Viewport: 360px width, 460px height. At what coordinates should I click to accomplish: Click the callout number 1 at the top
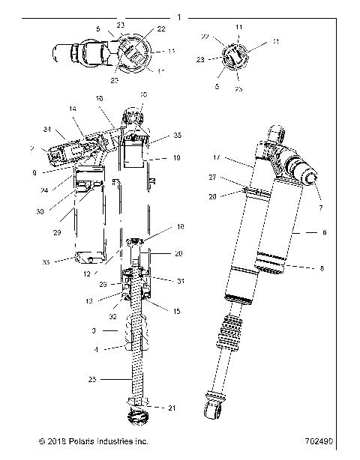coord(178,16)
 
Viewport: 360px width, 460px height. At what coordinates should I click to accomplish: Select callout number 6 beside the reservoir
coord(324,233)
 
